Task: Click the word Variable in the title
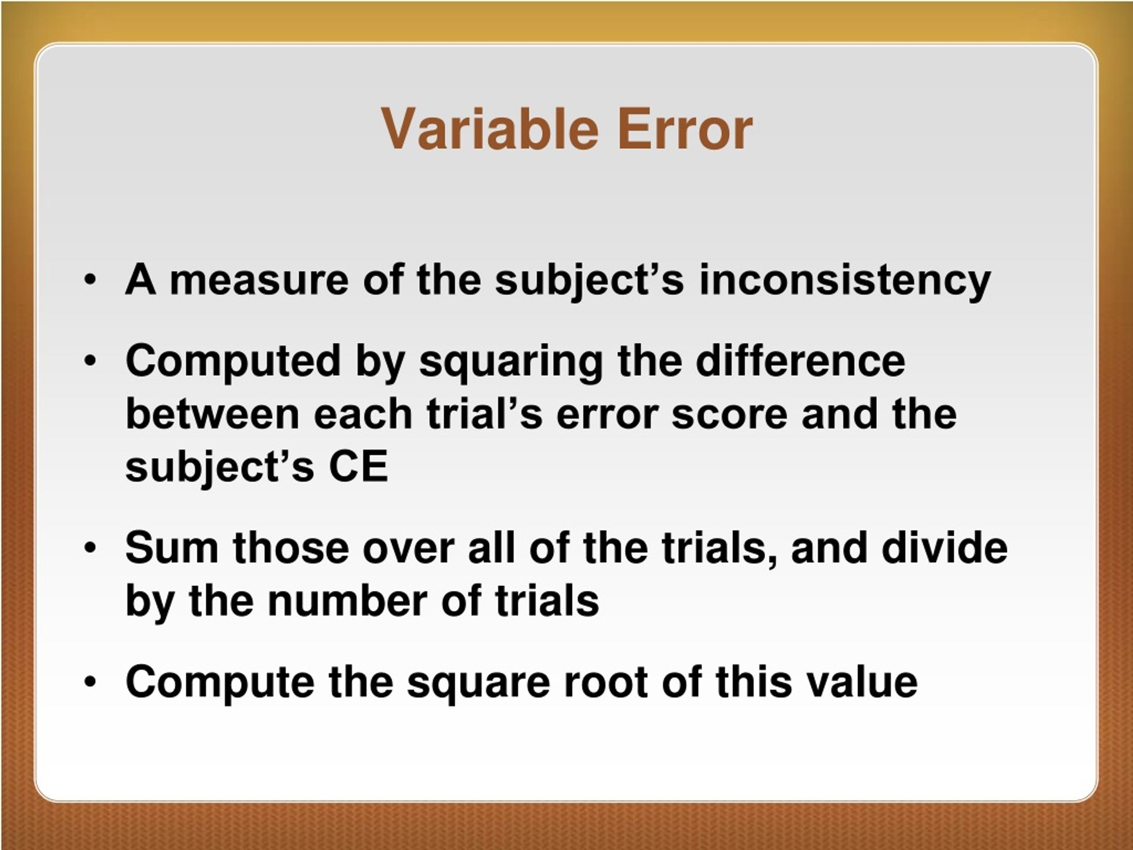point(489,129)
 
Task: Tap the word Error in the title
point(685,129)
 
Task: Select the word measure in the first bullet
point(258,280)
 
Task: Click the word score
point(729,415)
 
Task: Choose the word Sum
point(172,548)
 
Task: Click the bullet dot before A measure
point(90,280)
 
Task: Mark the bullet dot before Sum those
point(90,548)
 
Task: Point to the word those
point(290,548)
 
